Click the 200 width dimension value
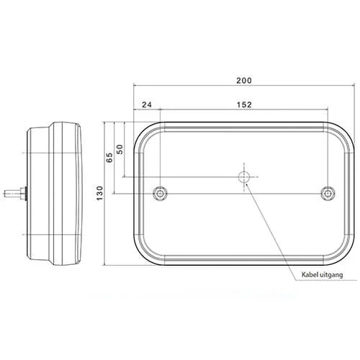[x=244, y=81]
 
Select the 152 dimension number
[x=244, y=104]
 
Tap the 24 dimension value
[x=147, y=104]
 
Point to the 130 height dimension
[x=99, y=193]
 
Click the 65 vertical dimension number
[x=109, y=158]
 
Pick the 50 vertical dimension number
[x=120, y=149]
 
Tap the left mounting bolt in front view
[x=160, y=193]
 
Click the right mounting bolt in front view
[x=328, y=193]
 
